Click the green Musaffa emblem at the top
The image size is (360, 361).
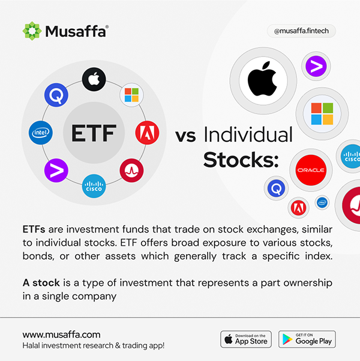(x=32, y=31)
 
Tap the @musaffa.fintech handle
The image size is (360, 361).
(x=301, y=31)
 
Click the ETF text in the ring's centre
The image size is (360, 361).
(x=94, y=133)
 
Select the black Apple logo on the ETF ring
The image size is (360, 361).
(x=94, y=79)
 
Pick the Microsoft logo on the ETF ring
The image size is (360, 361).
(x=131, y=95)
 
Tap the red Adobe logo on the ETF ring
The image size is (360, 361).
(x=147, y=133)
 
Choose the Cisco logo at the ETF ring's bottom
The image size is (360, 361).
(x=94, y=186)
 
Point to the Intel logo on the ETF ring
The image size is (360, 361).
(x=41, y=133)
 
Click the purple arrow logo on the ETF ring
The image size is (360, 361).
(x=56, y=171)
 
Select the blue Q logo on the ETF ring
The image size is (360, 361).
(x=56, y=95)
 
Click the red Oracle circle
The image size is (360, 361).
(x=311, y=170)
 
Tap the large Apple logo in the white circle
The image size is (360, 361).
(x=263, y=79)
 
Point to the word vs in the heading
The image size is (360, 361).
(x=185, y=136)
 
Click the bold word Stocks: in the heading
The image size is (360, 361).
(x=241, y=160)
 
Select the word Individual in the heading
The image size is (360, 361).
(x=248, y=135)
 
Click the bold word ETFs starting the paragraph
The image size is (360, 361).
(x=34, y=229)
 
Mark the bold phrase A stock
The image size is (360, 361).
(x=41, y=283)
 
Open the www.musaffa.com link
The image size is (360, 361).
(x=61, y=335)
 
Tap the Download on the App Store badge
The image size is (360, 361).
(x=246, y=339)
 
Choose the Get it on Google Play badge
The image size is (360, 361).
(x=307, y=339)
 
